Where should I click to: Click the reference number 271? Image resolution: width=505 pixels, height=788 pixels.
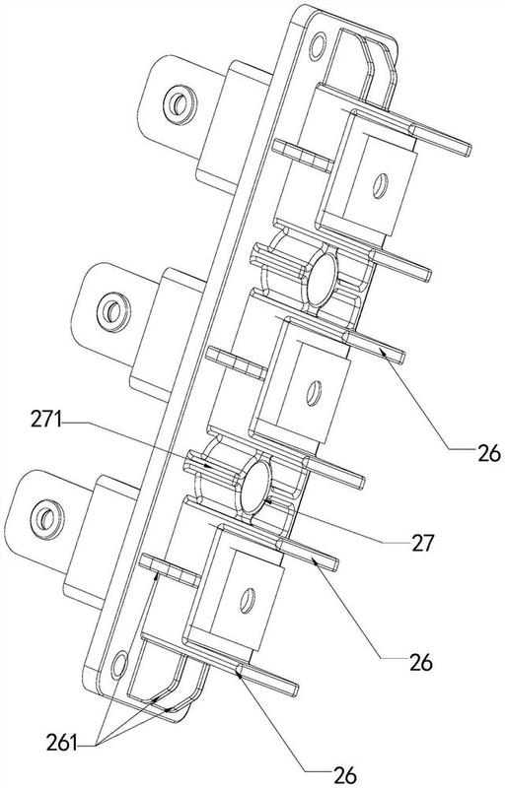pyautogui.click(x=45, y=421)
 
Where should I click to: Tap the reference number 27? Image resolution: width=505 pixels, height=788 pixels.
pyautogui.click(x=422, y=543)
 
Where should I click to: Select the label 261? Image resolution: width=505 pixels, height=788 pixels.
pyautogui.click(x=62, y=744)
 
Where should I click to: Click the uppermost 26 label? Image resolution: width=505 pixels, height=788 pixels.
pyautogui.click(x=489, y=454)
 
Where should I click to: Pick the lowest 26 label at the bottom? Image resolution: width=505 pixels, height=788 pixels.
pyautogui.click(x=345, y=775)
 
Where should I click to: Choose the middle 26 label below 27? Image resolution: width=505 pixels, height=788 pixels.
pyautogui.click(x=420, y=663)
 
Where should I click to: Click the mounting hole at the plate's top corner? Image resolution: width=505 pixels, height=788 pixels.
pyautogui.click(x=318, y=46)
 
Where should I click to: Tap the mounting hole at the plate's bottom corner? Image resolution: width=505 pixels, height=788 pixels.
pyautogui.click(x=119, y=664)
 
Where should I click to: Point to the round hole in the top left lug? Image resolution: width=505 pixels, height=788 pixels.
pyautogui.click(x=179, y=104)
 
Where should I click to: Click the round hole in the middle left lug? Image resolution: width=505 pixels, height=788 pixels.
pyautogui.click(x=112, y=311)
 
